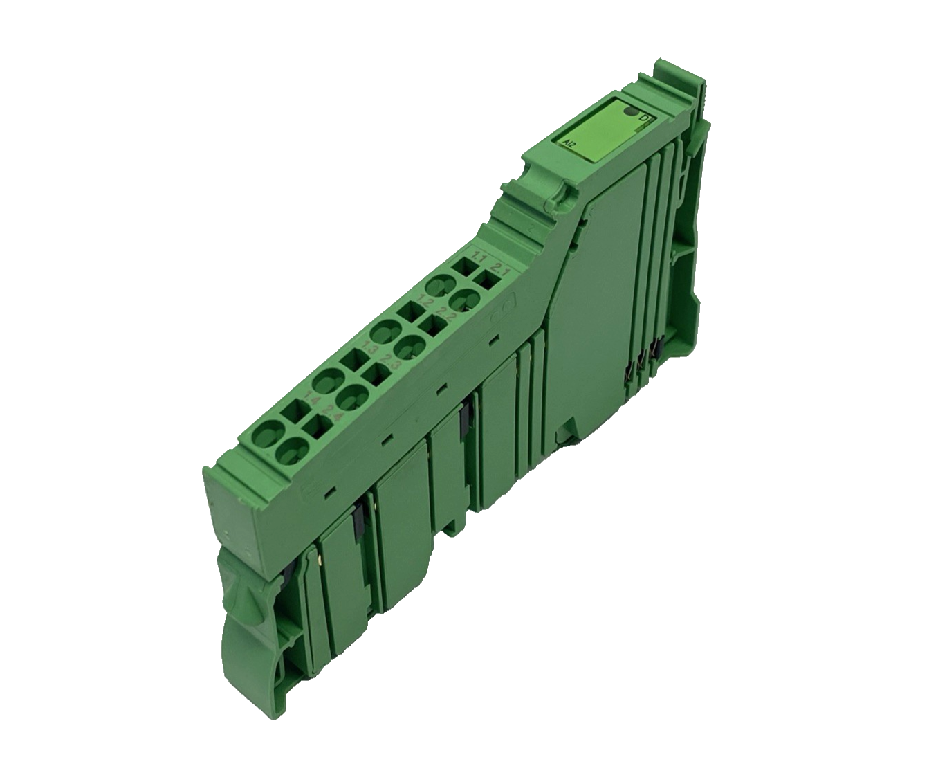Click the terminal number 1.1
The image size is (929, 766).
pos(477,258)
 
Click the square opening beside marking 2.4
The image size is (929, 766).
pos(317,427)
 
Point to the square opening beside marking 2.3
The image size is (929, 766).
pos(378,375)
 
